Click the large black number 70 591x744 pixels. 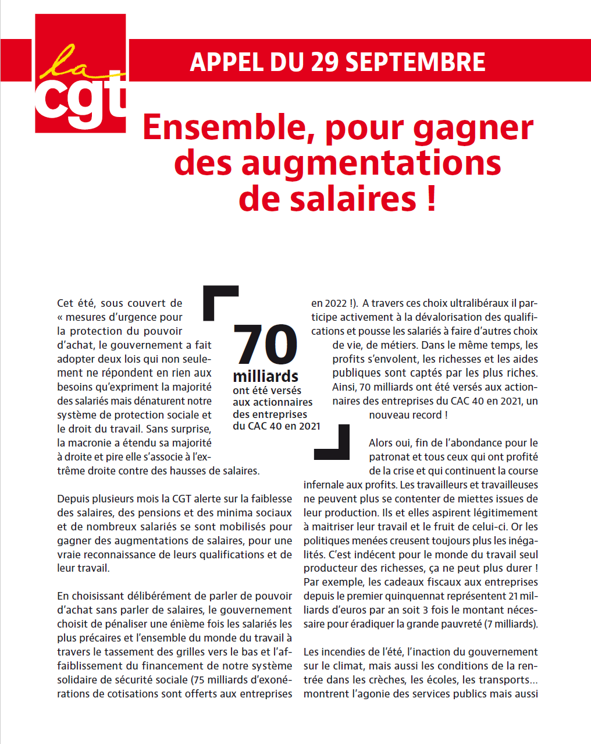(265, 345)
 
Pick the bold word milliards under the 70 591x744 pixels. (265, 376)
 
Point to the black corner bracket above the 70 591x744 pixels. (219, 300)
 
